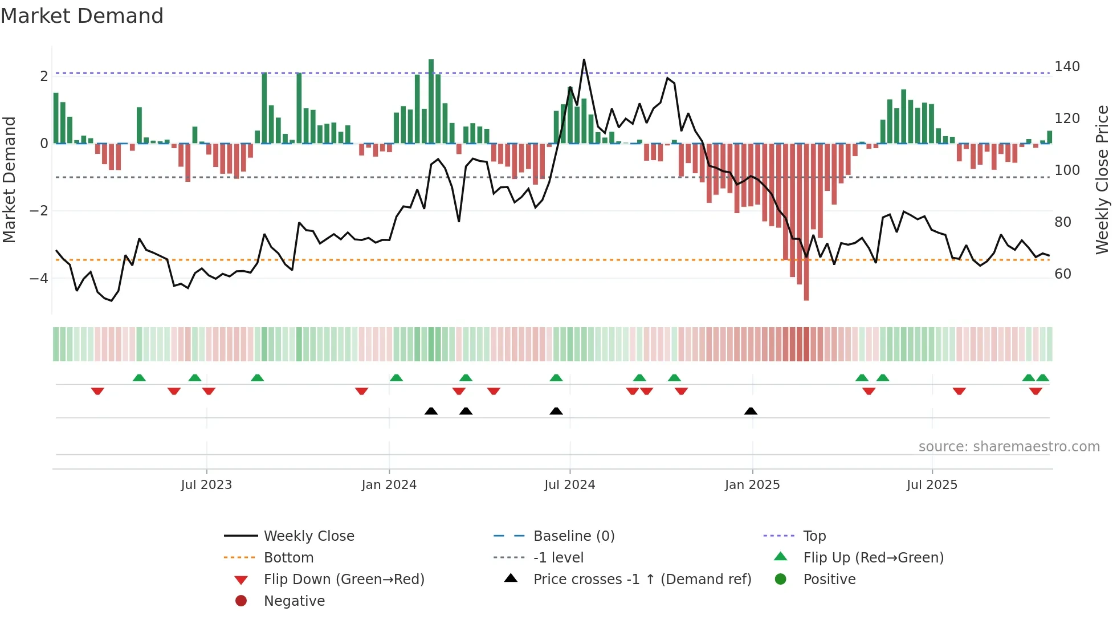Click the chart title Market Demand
point(82,16)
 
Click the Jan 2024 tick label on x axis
point(389,485)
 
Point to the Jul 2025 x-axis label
point(932,485)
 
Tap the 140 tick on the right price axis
point(1067,67)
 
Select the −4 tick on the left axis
point(39,279)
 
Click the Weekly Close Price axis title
point(1102,180)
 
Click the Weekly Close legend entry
point(308,536)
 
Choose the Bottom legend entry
point(288,558)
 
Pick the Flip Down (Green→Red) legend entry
point(344,580)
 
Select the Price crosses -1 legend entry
point(642,580)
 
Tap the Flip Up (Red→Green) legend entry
point(873,558)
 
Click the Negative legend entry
point(294,601)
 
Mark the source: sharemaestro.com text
point(1009,447)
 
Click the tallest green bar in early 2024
point(431,101)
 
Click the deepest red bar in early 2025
point(806,222)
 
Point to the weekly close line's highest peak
point(584,60)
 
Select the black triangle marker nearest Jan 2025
point(751,411)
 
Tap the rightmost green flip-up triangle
point(1042,378)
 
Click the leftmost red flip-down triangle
point(97,391)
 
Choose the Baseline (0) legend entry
point(573,536)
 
